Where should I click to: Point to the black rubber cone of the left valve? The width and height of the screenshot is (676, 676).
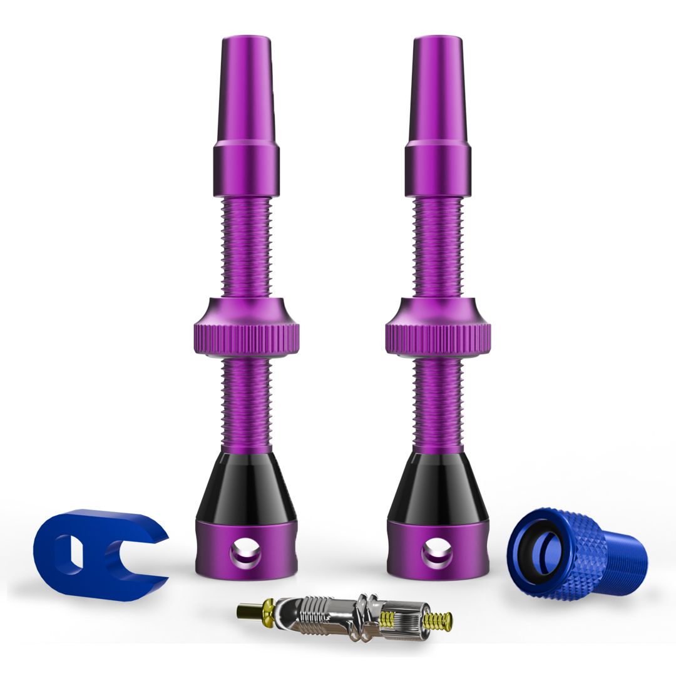[x=246, y=485]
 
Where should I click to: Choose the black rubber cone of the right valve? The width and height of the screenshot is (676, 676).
[x=438, y=485]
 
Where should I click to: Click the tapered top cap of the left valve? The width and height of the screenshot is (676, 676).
[x=246, y=88]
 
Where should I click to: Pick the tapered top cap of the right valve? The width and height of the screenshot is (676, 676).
[x=438, y=88]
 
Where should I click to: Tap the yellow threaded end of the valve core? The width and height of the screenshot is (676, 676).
[x=438, y=621]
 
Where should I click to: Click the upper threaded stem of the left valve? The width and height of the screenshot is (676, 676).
[x=246, y=247]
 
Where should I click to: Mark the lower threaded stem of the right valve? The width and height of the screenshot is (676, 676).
[x=438, y=404]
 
